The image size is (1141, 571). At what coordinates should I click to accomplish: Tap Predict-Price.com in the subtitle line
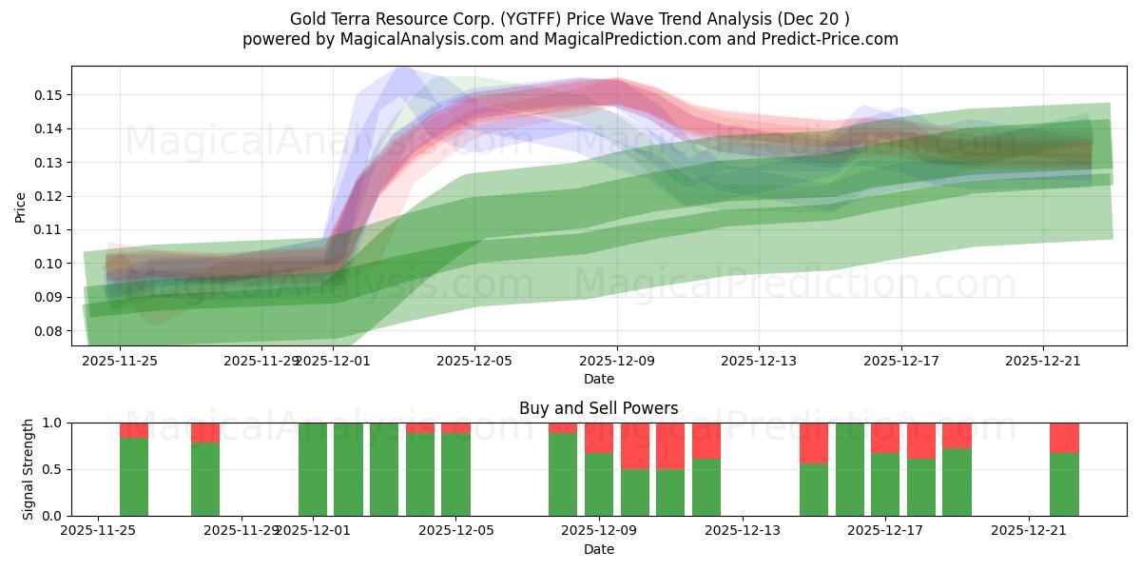(838, 39)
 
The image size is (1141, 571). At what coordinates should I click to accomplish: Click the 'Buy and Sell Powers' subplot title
(598, 408)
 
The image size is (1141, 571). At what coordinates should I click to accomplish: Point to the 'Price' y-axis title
(21, 207)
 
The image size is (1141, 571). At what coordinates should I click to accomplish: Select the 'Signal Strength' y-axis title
(29, 469)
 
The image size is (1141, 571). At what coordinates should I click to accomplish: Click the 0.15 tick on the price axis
(48, 95)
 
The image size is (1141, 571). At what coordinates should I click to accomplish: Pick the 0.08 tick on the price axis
(48, 331)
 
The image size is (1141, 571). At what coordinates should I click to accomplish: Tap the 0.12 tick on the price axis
(48, 196)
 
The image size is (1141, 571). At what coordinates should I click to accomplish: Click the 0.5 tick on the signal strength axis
(53, 469)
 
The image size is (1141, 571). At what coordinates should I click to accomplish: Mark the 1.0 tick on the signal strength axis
(53, 423)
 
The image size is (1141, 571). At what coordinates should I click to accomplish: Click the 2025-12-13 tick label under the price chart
(759, 361)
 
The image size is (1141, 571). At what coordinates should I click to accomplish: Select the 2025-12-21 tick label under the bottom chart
(1029, 531)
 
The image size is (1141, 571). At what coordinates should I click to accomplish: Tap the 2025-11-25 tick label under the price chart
(121, 361)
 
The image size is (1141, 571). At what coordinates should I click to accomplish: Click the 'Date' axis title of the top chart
(598, 379)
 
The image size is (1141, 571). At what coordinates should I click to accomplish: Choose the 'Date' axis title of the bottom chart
(598, 549)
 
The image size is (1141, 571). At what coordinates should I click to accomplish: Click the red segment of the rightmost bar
(1064, 437)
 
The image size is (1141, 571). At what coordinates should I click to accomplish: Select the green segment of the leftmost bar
(134, 476)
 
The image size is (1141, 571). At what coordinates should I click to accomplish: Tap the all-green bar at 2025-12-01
(313, 469)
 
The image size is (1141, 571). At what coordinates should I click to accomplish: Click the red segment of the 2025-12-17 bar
(885, 437)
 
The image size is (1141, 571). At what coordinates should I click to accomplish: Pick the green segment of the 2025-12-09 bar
(599, 484)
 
